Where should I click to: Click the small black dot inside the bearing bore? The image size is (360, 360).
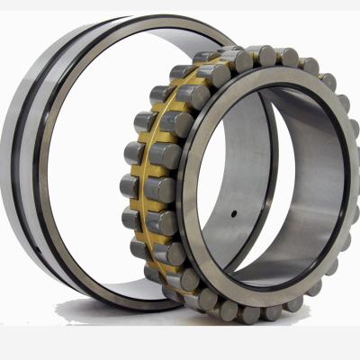(x=233, y=214)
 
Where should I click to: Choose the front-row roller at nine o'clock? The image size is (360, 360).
(x=166, y=191)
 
